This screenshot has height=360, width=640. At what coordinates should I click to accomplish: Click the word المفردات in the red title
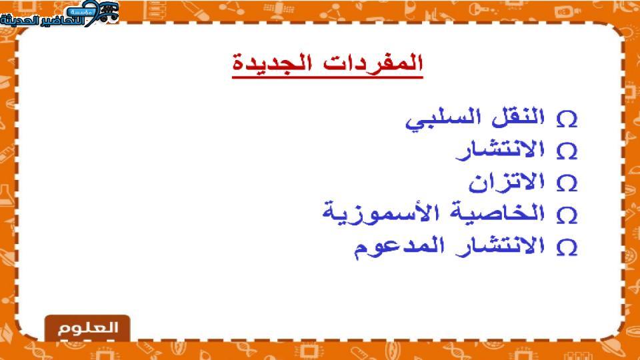[x=373, y=63]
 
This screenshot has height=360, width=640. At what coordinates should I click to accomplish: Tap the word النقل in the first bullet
[x=518, y=117]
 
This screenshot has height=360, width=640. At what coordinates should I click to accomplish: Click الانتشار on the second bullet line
[x=501, y=149]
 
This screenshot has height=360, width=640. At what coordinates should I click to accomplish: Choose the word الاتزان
[x=507, y=182]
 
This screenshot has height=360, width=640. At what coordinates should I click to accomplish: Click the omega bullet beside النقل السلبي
[x=567, y=119]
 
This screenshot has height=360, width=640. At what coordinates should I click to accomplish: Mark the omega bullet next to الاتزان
[x=567, y=183]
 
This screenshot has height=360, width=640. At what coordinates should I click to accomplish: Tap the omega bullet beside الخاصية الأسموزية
[x=567, y=215]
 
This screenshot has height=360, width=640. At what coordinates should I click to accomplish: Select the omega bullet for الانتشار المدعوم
[x=567, y=247]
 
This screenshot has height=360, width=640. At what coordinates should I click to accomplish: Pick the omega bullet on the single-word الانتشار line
[x=567, y=151]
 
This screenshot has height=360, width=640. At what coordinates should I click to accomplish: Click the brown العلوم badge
[x=87, y=328]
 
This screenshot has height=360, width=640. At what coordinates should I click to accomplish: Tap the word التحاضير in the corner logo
[x=65, y=19]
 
